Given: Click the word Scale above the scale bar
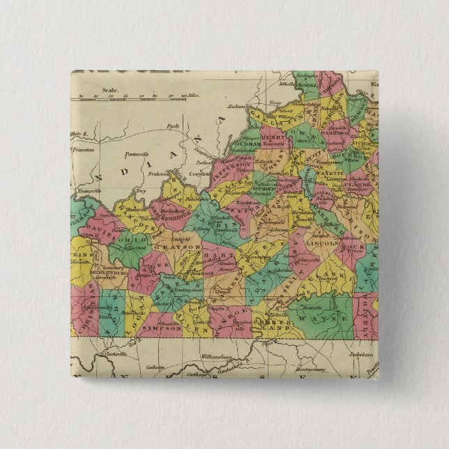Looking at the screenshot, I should (x=109, y=90).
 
